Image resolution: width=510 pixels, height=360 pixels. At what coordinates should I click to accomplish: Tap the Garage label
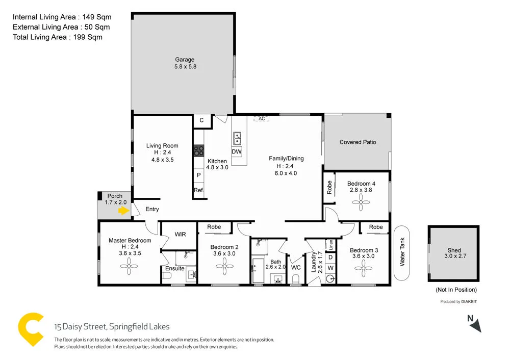[185, 60]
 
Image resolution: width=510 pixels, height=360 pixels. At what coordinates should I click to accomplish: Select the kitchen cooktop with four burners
[198, 151]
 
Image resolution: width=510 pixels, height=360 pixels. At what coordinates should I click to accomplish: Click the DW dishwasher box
[237, 152]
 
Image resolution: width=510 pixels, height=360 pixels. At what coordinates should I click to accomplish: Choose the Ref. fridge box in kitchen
[198, 191]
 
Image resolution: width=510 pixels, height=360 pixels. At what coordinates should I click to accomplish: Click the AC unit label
[262, 119]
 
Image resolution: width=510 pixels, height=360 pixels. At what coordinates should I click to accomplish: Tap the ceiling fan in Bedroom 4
[362, 203]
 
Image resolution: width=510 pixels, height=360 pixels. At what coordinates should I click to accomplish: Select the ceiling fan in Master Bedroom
[129, 264]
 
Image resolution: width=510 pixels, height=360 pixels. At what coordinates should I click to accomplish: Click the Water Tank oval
[401, 253]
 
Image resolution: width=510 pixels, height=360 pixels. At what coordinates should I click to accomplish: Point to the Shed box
[454, 254]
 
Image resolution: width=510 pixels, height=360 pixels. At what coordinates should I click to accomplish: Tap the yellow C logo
[31, 329]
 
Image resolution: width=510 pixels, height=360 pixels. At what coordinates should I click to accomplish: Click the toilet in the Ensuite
[167, 276]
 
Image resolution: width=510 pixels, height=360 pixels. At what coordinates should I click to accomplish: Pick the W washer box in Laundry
[330, 268]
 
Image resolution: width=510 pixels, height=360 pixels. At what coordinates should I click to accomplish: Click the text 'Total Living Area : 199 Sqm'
[58, 37]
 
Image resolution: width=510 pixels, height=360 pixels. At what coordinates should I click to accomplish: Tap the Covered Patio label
[358, 142]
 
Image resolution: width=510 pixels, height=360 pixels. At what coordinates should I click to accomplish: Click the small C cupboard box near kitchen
[201, 121]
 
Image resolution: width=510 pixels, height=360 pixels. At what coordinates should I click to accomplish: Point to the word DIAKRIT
[469, 302]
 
